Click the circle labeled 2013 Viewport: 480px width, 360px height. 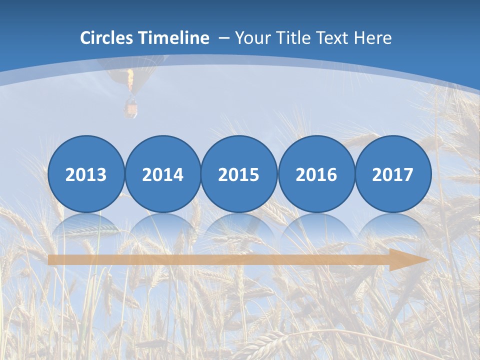pos(86,174)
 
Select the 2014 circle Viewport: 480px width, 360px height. pos(162,174)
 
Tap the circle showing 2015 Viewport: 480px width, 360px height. pos(239,174)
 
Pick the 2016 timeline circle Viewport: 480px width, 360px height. pos(316,174)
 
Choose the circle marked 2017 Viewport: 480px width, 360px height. pos(392,174)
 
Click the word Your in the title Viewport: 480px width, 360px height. pos(251,38)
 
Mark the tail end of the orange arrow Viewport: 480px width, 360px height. pos(51,259)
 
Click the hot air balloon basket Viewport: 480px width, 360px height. pos(131,108)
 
